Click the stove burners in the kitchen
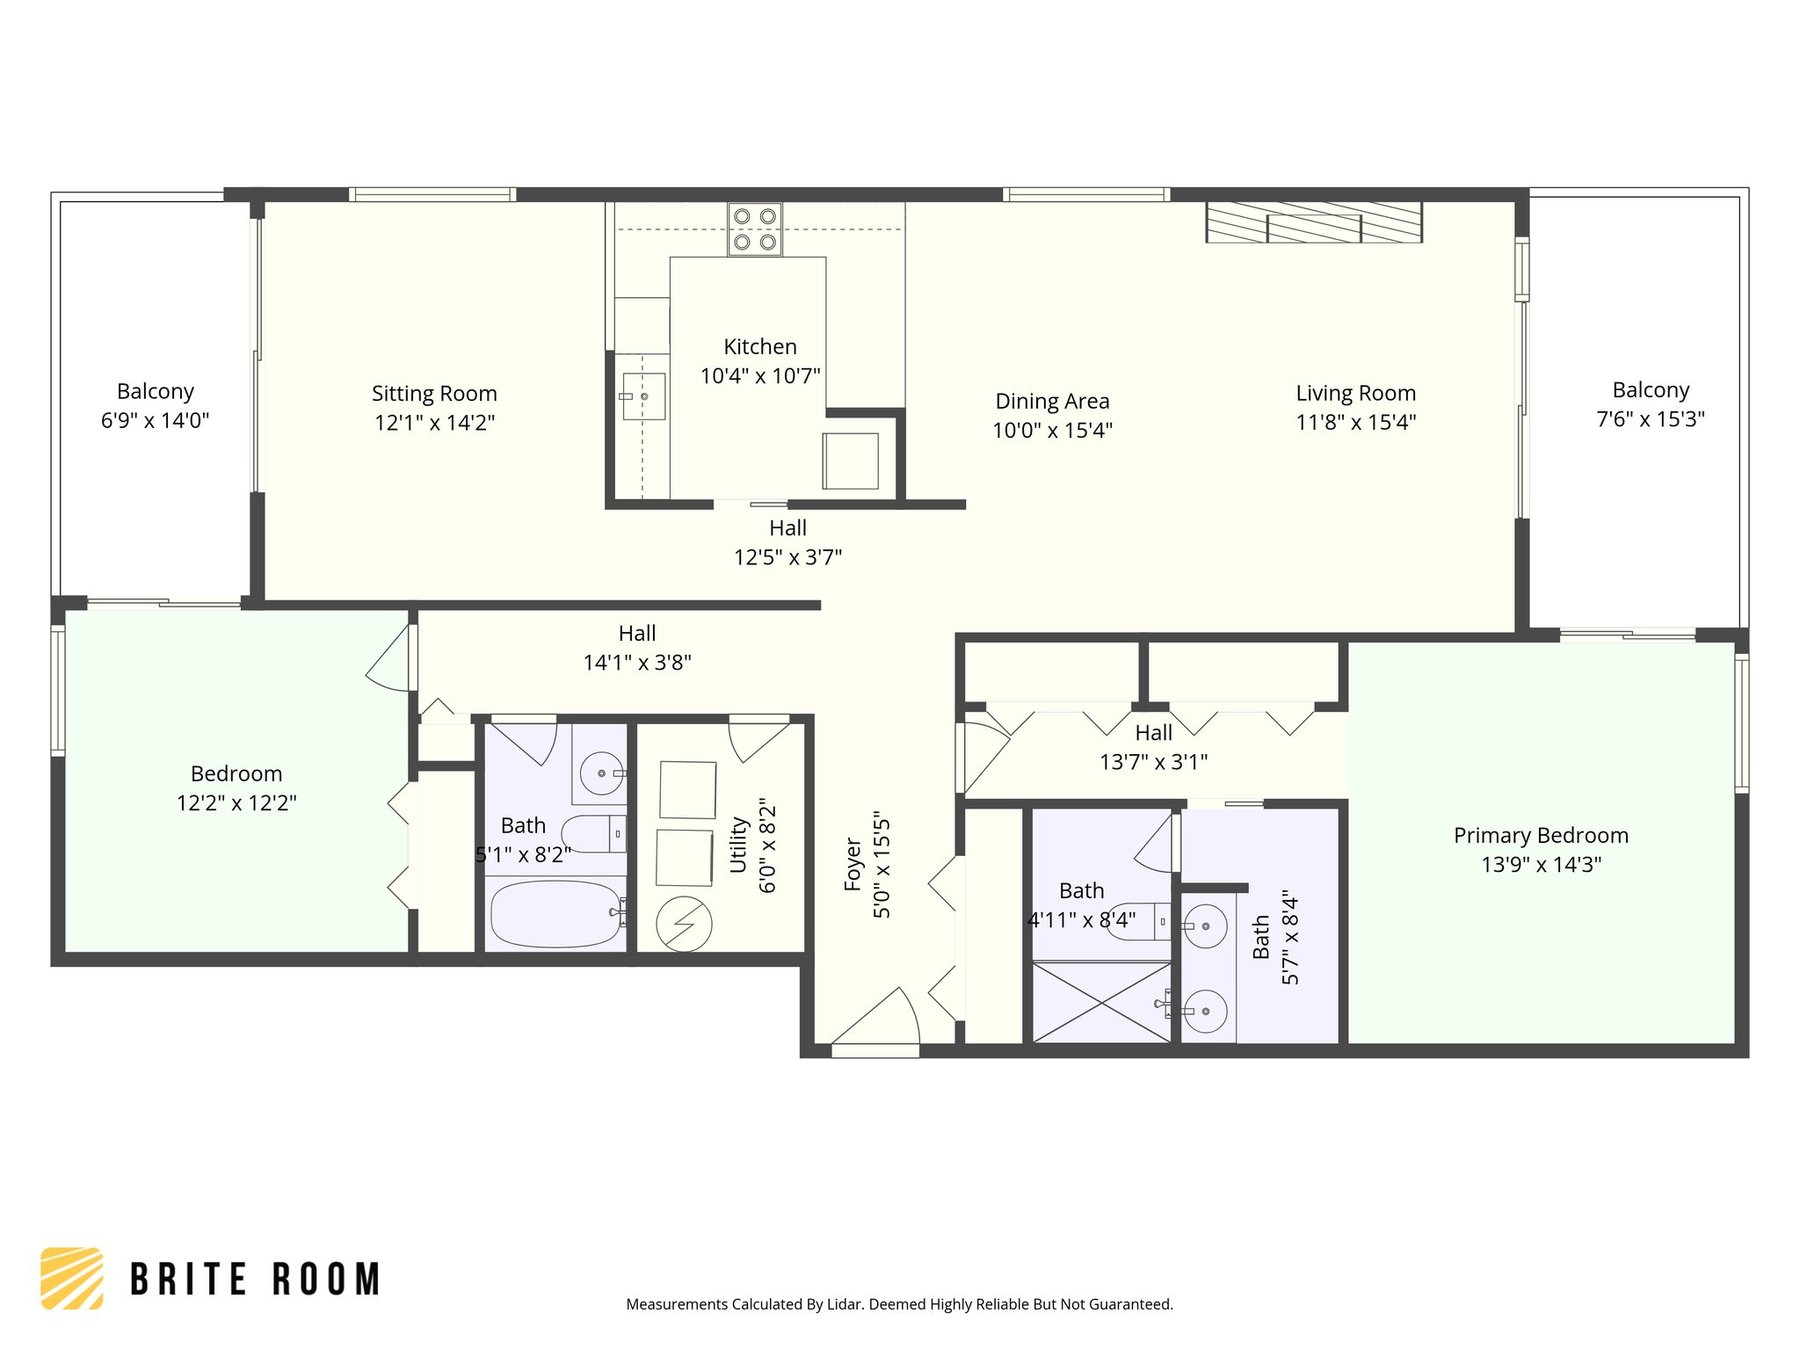tap(754, 229)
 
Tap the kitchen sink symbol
tap(643, 396)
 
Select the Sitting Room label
tap(434, 393)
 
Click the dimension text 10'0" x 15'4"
tap(1052, 430)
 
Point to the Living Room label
tap(1355, 393)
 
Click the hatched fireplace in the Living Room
tap(1313, 222)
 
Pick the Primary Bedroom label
tap(1540, 835)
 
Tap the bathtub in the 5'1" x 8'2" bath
tap(555, 914)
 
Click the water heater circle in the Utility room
tap(684, 924)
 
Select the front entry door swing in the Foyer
tap(879, 1020)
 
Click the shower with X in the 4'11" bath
tap(1100, 1003)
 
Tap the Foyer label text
tap(853, 864)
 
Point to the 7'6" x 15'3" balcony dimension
tap(1650, 419)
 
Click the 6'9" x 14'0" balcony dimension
tap(155, 420)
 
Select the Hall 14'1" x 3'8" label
tap(636, 648)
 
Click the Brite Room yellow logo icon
tap(72, 1278)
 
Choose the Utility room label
tap(738, 845)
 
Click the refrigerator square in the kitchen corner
tap(850, 461)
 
